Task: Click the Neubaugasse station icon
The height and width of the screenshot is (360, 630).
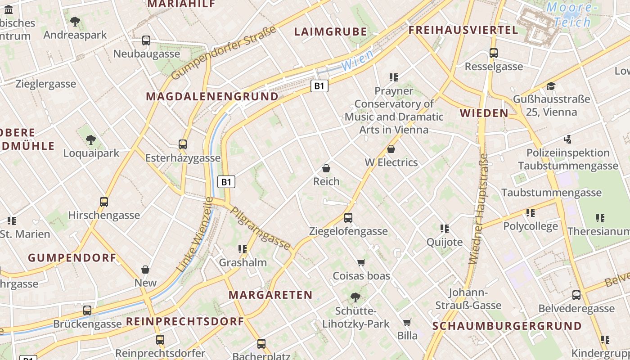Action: (146, 40)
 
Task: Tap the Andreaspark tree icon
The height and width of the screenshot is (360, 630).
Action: (75, 21)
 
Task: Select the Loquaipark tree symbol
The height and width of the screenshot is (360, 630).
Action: (91, 140)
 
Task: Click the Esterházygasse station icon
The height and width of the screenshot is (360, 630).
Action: (182, 144)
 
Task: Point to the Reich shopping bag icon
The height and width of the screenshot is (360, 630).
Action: (326, 168)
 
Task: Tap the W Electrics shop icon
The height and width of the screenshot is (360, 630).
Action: (391, 149)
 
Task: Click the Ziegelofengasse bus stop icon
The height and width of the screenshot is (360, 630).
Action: (348, 218)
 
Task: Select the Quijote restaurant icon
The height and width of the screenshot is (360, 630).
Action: (445, 229)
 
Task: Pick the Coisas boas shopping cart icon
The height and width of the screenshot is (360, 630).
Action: (361, 262)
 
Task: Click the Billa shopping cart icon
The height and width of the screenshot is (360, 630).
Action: (407, 322)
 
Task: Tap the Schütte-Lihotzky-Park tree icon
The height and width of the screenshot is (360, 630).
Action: (355, 297)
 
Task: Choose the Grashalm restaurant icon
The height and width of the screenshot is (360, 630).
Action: (243, 249)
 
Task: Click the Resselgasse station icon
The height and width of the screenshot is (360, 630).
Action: (494, 53)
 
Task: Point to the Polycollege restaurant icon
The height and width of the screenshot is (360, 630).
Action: (531, 212)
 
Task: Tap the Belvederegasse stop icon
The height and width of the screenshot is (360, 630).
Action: (576, 295)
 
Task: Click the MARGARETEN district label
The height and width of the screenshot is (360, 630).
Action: (270, 295)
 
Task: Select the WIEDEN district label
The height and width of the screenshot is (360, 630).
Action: (484, 113)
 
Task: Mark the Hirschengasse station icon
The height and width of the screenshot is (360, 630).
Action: (104, 202)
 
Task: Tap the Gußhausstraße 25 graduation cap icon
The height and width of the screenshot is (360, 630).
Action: (551, 86)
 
